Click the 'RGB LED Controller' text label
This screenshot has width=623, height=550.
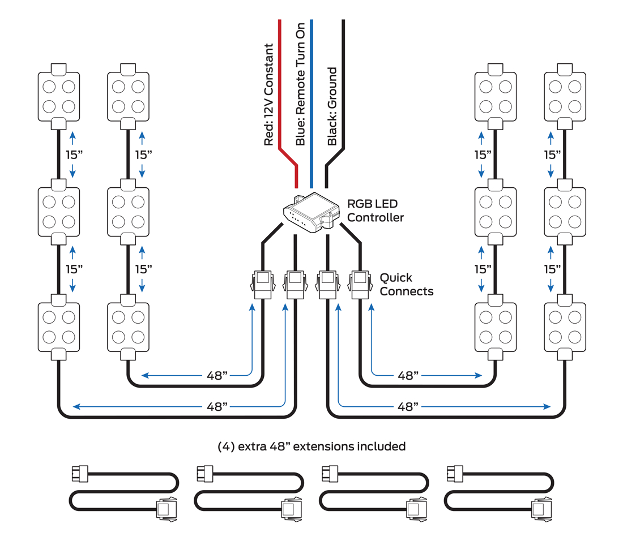(x=375, y=210)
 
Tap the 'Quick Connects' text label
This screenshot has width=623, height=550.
(x=406, y=285)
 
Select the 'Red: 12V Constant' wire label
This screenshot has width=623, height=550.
(x=269, y=95)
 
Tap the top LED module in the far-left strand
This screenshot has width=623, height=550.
(x=59, y=96)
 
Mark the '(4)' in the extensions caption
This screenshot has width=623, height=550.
(x=227, y=446)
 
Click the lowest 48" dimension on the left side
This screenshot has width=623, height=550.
(x=217, y=406)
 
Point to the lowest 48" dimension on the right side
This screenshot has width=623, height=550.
(x=408, y=406)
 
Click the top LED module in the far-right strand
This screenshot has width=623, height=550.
(x=565, y=96)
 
